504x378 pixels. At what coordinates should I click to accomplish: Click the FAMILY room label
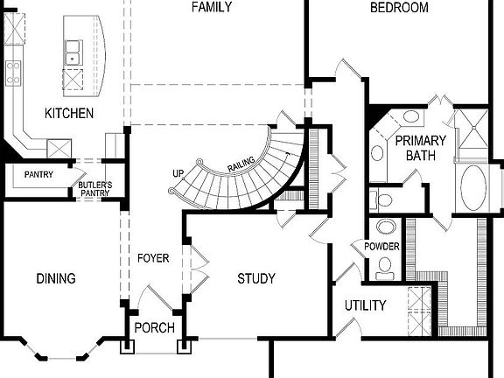pyautogui.click(x=212, y=8)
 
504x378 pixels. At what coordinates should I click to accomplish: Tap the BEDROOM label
pyautogui.click(x=399, y=8)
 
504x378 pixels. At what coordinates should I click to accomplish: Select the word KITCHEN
pyautogui.click(x=70, y=114)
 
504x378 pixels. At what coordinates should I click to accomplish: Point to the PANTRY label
pyautogui.click(x=38, y=175)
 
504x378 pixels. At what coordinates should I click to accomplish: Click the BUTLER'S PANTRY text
pyautogui.click(x=95, y=189)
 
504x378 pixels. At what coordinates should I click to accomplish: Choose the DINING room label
pyautogui.click(x=56, y=279)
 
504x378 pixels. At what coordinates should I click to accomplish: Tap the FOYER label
pyautogui.click(x=153, y=258)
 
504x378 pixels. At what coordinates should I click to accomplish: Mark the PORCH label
pyautogui.click(x=154, y=328)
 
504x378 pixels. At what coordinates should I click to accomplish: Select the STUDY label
pyautogui.click(x=256, y=279)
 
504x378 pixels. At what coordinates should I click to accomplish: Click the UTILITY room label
pyautogui.click(x=365, y=305)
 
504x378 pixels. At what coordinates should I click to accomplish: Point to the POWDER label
pyautogui.click(x=383, y=247)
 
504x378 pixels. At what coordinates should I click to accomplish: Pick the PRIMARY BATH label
pyautogui.click(x=420, y=148)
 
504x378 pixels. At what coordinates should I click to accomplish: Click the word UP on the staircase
pyautogui.click(x=178, y=173)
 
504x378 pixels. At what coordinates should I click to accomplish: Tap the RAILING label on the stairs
pyautogui.click(x=241, y=163)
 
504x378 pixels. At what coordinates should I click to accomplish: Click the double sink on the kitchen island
pyautogui.click(x=73, y=52)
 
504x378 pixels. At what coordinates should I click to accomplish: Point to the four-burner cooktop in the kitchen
pyautogui.click(x=13, y=73)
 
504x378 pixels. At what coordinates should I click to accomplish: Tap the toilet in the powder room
pyautogui.click(x=383, y=200)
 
